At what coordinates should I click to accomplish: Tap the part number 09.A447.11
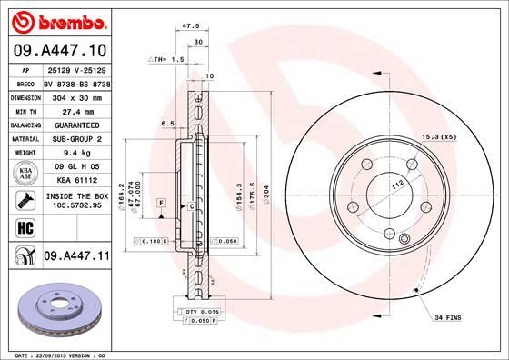(76, 256)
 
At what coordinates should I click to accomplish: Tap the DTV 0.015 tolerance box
(197, 312)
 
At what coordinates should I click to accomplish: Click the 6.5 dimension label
(167, 122)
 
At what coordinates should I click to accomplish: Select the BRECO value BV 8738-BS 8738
(76, 82)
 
